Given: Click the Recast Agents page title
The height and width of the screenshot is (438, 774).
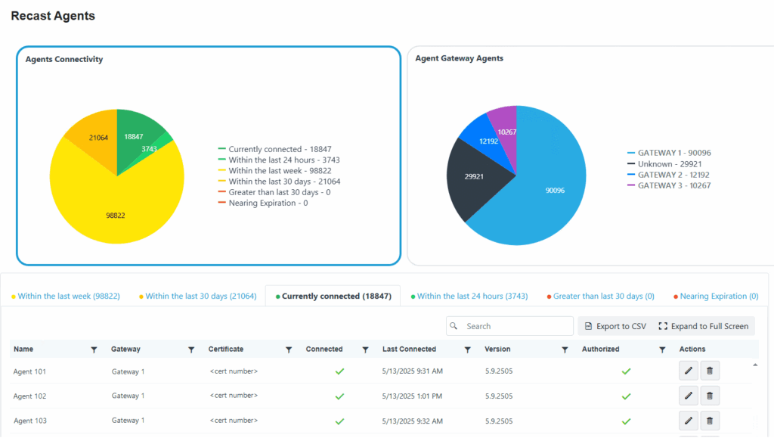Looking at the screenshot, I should pyautogui.click(x=53, y=16).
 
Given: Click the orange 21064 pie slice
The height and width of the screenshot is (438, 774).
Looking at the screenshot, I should pyautogui.click(x=94, y=140).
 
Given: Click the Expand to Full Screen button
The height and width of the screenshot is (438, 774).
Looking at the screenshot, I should pyautogui.click(x=703, y=326).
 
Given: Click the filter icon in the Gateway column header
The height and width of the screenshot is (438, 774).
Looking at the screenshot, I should pyautogui.click(x=191, y=349).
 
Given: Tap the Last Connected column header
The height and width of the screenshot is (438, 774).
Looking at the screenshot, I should pyautogui.click(x=409, y=349).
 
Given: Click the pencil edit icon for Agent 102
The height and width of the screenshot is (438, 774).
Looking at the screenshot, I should pyautogui.click(x=689, y=396).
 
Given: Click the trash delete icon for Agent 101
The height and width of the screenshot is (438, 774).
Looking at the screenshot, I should pyautogui.click(x=710, y=371).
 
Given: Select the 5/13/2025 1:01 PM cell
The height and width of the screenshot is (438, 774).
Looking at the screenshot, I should pyautogui.click(x=412, y=396).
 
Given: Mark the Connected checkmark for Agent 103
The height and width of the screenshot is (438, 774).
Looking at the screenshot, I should pyautogui.click(x=339, y=421).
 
